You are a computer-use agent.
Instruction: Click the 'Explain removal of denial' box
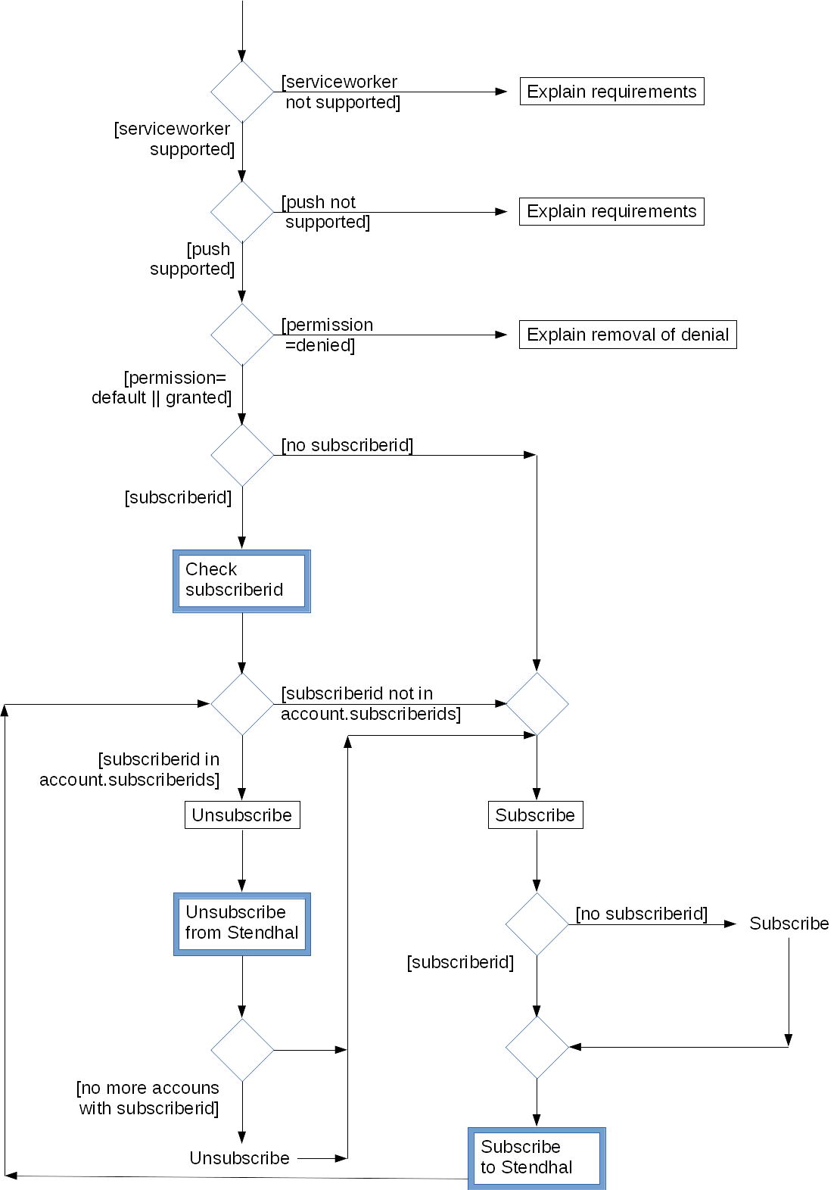click(x=627, y=335)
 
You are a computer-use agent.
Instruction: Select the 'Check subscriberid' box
click(x=241, y=581)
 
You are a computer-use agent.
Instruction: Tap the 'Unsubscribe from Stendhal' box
click(x=241, y=924)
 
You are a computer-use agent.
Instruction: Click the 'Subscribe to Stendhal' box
click(x=537, y=1157)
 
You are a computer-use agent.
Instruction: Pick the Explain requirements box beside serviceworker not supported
click(x=611, y=92)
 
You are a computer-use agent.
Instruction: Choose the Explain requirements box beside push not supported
click(x=611, y=211)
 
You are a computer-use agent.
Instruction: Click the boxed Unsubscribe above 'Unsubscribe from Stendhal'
click(x=242, y=815)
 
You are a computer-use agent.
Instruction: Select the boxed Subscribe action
click(x=535, y=815)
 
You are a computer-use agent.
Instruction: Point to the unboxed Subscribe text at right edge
click(x=789, y=924)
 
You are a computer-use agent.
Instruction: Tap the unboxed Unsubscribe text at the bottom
click(x=239, y=1158)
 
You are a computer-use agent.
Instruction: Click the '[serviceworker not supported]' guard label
click(x=341, y=92)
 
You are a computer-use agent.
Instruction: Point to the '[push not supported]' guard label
click(x=325, y=212)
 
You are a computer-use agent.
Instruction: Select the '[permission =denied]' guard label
click(x=327, y=335)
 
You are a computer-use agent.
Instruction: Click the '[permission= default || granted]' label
click(x=162, y=388)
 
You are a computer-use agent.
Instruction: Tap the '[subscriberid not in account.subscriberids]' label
click(x=370, y=704)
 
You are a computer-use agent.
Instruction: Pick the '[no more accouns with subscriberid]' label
click(x=148, y=1098)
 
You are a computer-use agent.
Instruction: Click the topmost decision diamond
click(x=242, y=92)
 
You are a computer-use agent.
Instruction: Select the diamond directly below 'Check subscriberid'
click(x=242, y=704)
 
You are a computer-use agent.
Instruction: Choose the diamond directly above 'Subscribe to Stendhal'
click(x=537, y=1048)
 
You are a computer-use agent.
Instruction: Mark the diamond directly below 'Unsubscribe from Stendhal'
click(x=242, y=1050)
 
